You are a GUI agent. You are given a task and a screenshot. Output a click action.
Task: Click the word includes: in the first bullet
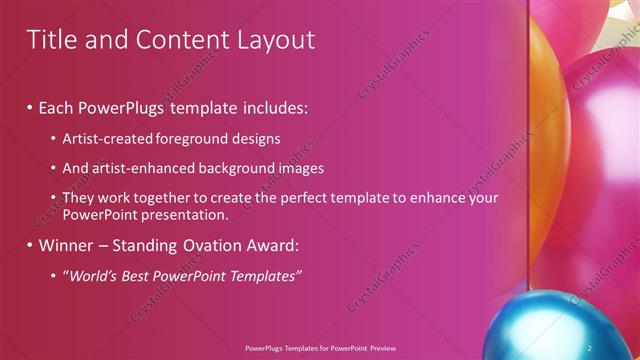coord(272,105)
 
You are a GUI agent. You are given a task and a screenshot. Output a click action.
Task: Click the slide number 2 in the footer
coord(590,347)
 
